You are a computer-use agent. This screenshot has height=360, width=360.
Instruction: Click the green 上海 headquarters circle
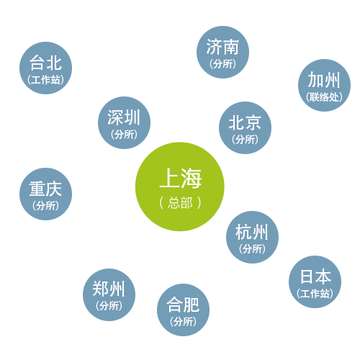click(180, 186)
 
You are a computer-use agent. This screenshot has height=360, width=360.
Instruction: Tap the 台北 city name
click(45, 63)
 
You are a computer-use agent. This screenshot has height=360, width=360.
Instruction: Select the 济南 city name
click(222, 47)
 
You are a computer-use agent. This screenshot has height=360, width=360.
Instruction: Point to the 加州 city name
click(324, 80)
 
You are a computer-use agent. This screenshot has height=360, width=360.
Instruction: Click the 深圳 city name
click(124, 117)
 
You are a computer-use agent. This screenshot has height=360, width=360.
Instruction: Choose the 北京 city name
click(245, 122)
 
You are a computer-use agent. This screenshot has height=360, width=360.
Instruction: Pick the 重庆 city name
click(45, 189)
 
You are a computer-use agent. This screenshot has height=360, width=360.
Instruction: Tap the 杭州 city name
click(252, 232)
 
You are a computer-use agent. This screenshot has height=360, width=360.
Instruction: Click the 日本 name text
click(315, 276)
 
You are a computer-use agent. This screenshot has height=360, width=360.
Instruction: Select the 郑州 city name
click(109, 289)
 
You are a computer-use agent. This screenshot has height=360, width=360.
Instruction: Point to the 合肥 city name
click(183, 305)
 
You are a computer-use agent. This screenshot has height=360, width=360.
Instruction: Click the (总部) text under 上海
click(180, 203)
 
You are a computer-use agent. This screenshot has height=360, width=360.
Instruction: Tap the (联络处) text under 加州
click(324, 97)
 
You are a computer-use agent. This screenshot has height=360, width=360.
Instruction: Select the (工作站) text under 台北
click(45, 80)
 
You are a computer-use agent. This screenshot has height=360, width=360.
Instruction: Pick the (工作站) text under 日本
click(315, 294)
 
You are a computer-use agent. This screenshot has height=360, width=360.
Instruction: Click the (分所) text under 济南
click(222, 64)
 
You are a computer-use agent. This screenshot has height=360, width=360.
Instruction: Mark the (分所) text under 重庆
click(45, 206)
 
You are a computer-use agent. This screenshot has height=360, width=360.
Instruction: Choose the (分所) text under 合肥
click(183, 322)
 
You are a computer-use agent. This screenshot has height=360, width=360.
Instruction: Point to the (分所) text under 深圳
click(124, 135)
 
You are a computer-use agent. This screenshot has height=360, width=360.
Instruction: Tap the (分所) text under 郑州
click(109, 306)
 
